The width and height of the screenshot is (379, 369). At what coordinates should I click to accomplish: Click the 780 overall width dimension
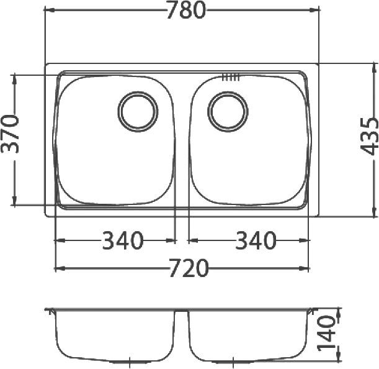tap(185, 11)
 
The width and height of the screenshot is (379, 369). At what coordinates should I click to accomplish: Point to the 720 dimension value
tap(188, 268)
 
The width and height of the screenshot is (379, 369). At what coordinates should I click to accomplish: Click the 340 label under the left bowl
tap(122, 240)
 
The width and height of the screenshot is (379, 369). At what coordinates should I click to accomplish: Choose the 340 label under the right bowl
tap(255, 240)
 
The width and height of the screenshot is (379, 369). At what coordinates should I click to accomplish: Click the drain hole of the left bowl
tap(138, 111)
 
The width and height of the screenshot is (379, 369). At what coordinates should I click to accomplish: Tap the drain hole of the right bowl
tap(228, 111)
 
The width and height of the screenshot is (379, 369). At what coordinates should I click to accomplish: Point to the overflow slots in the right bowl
tap(230, 78)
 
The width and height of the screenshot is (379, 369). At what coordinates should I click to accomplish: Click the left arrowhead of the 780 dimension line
tap(49, 11)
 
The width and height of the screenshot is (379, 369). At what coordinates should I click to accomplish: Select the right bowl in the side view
tap(248, 335)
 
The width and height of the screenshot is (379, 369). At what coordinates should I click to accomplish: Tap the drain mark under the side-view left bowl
tap(128, 360)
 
